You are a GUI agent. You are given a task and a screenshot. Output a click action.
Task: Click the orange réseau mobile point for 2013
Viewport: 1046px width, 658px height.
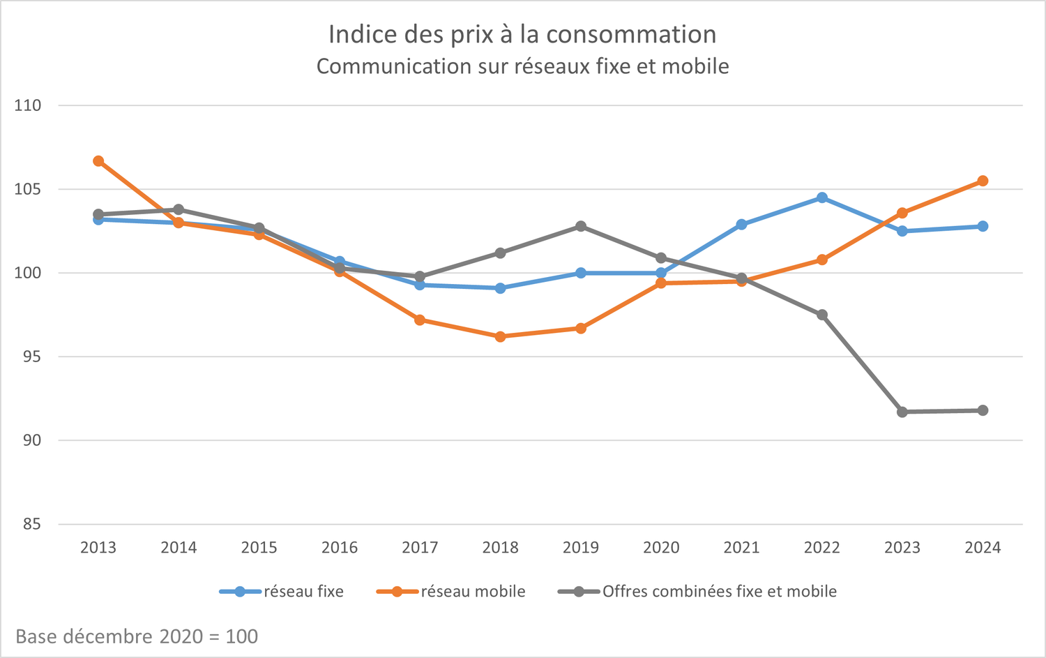pos(98,161)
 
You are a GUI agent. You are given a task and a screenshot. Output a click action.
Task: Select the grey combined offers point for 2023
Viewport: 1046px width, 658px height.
pos(902,412)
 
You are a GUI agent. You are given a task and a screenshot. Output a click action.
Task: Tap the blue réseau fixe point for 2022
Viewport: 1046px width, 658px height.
pos(822,197)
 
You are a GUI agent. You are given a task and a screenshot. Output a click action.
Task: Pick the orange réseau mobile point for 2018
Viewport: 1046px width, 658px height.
pos(500,336)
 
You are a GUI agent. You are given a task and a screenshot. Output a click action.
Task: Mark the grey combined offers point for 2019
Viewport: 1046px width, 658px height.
pos(581,226)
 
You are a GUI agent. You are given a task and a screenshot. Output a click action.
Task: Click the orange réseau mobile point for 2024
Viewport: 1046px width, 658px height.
pos(983,181)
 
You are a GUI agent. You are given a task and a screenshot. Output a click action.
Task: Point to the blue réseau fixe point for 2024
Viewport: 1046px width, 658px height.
pos(983,226)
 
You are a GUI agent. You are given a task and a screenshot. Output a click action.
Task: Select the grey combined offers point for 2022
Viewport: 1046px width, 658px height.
pos(822,315)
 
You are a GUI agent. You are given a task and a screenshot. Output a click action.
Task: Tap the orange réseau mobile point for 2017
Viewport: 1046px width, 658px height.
pos(420,320)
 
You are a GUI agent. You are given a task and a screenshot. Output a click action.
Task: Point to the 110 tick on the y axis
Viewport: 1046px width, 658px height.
pos(28,105)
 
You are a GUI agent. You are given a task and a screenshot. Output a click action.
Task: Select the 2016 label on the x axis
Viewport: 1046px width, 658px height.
pos(340,548)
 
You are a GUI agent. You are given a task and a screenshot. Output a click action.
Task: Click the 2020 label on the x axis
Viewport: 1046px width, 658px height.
pos(661,548)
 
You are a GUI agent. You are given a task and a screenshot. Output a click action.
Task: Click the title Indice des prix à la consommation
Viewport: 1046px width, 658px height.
pos(522,34)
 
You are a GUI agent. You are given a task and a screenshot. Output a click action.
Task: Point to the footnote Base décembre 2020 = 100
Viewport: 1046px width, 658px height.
pos(137,636)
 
